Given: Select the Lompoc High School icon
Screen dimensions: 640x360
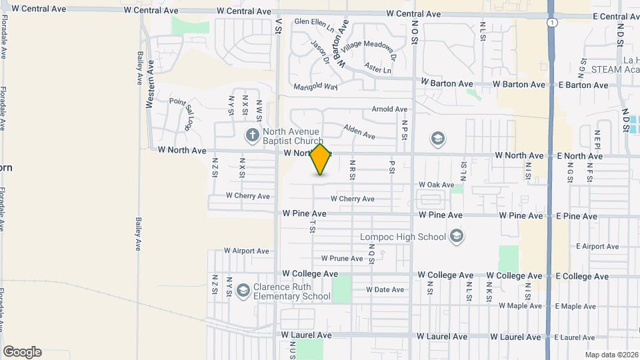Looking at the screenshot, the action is (x=457, y=236).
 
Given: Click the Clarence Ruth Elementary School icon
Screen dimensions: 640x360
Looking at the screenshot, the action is (x=243, y=291).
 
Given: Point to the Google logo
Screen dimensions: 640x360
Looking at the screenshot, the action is (x=22, y=351).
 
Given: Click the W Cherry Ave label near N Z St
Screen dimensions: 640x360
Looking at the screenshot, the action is (x=247, y=196).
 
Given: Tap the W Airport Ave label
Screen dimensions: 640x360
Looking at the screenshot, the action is (x=246, y=251).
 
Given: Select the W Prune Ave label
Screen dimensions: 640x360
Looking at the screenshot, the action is (x=341, y=258).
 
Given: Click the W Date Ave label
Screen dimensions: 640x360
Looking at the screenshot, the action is (x=385, y=289).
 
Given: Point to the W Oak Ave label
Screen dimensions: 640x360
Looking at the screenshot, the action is (x=436, y=185).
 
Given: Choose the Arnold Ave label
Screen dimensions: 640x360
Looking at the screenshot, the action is (x=389, y=109).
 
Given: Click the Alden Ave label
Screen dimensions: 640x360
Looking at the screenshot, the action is (x=359, y=132).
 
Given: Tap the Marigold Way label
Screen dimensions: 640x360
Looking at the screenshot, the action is (x=316, y=87).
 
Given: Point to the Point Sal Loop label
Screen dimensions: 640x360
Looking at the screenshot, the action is (x=181, y=113).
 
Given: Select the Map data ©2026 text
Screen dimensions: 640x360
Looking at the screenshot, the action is (x=610, y=354).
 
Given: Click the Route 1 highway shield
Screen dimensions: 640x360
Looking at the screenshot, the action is (x=551, y=23).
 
